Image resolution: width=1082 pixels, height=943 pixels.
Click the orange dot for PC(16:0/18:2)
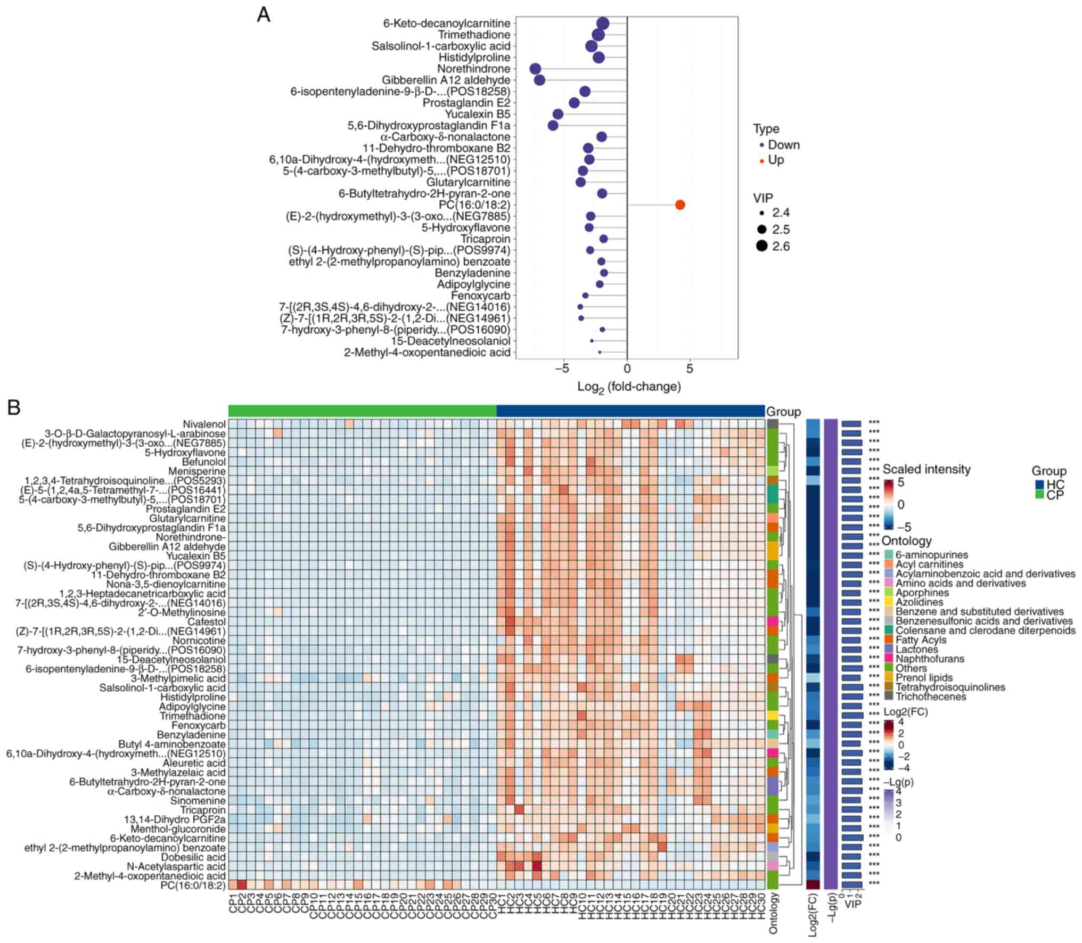[x=679, y=205]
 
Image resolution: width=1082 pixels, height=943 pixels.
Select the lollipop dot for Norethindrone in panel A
[x=536, y=69]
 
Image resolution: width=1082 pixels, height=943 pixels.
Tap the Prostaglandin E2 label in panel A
[x=466, y=103]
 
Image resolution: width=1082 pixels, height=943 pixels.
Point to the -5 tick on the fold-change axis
[x=562, y=368]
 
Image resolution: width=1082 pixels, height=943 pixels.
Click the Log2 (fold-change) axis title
[x=629, y=387]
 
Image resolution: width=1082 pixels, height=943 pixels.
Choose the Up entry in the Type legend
[x=775, y=160]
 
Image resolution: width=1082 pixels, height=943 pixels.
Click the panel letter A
[x=264, y=15]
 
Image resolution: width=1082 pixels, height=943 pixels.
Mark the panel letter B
[x=14, y=407]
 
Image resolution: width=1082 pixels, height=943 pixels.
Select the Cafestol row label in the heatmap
[x=206, y=622]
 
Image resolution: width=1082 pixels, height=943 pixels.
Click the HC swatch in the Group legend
[x=1039, y=485]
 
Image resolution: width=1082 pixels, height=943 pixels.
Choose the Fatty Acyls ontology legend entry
[x=928, y=640]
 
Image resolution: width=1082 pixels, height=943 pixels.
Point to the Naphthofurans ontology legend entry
[x=930, y=659]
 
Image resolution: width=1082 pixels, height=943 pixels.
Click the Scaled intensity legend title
[x=927, y=469]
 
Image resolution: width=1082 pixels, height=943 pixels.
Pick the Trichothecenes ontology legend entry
[x=930, y=696]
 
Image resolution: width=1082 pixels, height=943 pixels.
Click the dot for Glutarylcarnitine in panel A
[x=580, y=182]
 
